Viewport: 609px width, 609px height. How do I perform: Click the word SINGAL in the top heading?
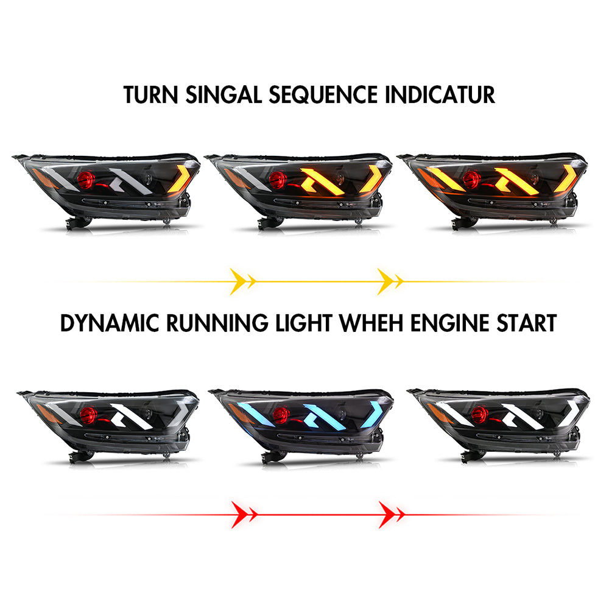pyautogui.click(x=224, y=95)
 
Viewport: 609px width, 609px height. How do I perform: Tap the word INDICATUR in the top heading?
pyautogui.click(x=440, y=95)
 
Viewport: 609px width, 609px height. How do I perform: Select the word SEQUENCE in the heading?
pyautogui.click(x=323, y=95)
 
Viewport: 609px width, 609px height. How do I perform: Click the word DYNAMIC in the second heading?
pyautogui.click(x=110, y=323)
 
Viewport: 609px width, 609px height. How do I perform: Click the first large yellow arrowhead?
pyautogui.click(x=238, y=281)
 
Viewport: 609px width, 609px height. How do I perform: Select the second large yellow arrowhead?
pyautogui.click(x=385, y=281)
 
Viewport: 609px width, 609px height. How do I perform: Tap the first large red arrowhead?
pyautogui.click(x=239, y=515)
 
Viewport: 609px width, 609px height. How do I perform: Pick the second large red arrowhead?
pyautogui.click(x=387, y=515)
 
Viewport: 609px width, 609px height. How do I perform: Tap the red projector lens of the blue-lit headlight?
pyautogui.click(x=281, y=415)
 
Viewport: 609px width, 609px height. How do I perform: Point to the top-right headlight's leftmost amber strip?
pyautogui.click(x=446, y=178)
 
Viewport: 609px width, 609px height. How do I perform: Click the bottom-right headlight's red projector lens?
pyautogui.click(x=480, y=415)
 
